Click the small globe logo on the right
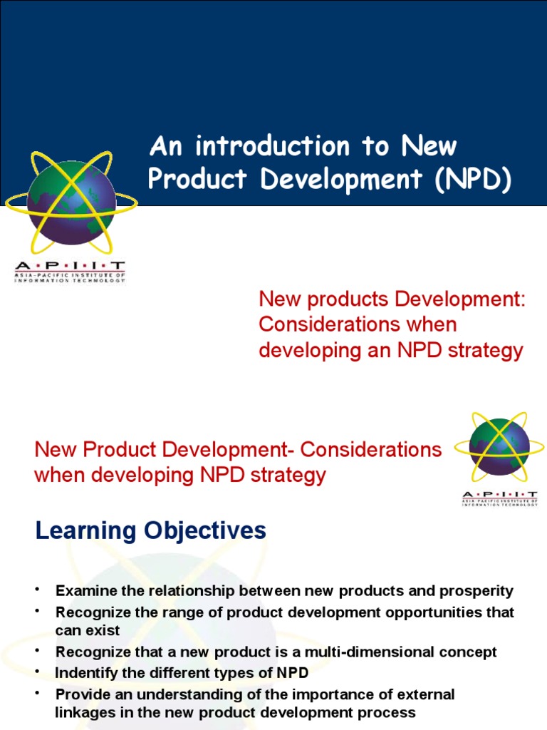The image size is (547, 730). pyautogui.click(x=499, y=448)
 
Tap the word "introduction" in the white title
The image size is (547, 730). pyautogui.click(x=272, y=147)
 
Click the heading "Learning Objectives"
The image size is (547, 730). pyautogui.click(x=151, y=531)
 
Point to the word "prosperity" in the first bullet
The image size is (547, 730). pyautogui.click(x=477, y=591)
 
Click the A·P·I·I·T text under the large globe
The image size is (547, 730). pyautogui.click(x=70, y=267)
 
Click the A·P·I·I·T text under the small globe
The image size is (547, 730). pyautogui.click(x=499, y=494)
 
